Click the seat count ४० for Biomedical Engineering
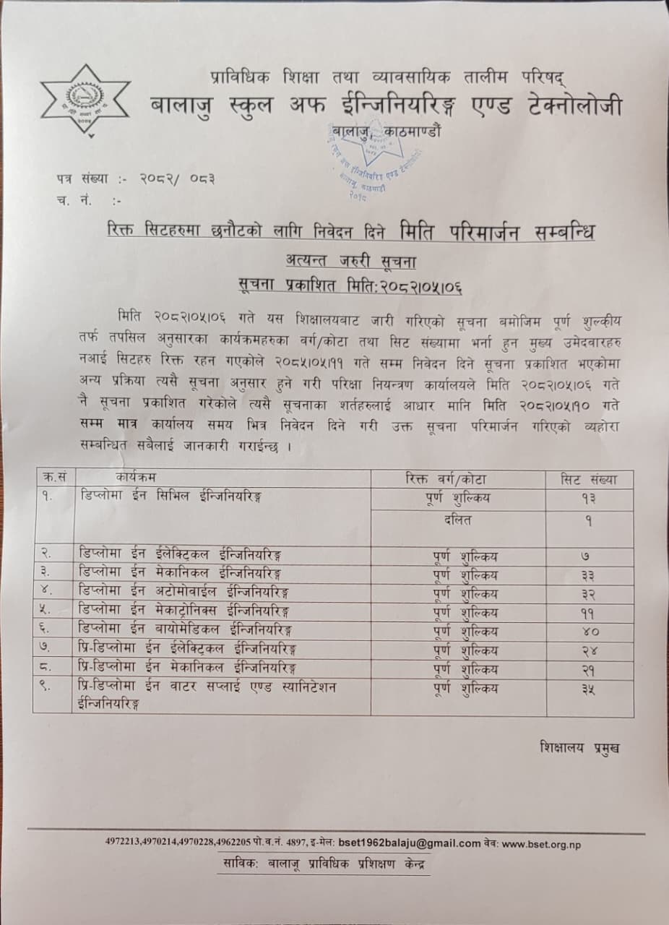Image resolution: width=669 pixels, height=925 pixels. [590, 632]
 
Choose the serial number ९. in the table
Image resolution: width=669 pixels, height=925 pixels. [46, 687]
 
